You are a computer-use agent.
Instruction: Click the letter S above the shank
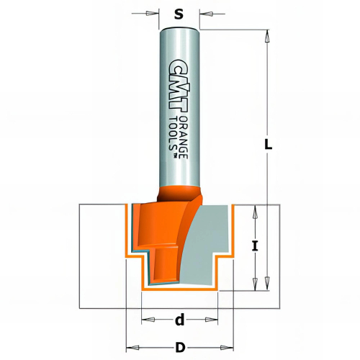(179, 13)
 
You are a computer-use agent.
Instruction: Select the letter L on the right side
(268, 144)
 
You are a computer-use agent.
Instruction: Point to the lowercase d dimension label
(180, 319)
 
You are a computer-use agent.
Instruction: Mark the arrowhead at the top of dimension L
(268, 36)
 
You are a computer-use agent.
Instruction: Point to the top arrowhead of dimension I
(254, 211)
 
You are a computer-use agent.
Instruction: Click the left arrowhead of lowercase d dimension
(146, 318)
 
